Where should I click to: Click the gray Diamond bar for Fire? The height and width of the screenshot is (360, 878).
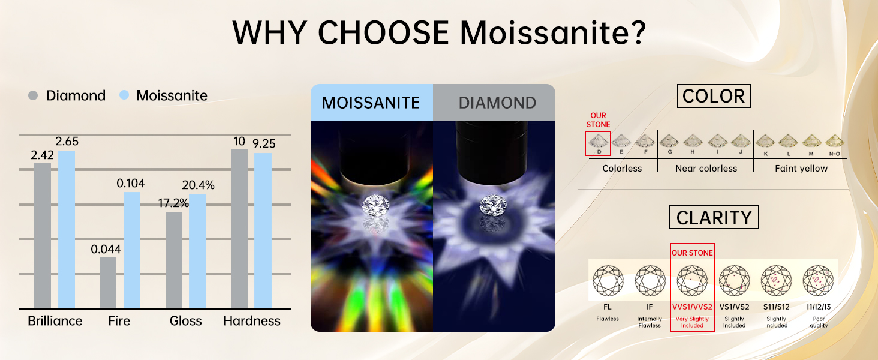108,283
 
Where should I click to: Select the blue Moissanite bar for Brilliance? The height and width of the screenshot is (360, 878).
67,229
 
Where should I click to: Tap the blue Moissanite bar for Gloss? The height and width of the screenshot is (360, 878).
197,251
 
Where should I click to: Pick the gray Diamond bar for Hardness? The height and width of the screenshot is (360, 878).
239,229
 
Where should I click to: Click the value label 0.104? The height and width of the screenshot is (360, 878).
131,183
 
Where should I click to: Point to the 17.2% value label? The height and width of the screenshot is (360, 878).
173,203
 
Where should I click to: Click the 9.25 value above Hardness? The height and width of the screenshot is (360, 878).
264,143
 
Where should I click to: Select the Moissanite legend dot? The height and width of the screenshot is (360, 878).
124,95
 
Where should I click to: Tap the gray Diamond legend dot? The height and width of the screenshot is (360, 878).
33,95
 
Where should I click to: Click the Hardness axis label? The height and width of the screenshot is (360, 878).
252,321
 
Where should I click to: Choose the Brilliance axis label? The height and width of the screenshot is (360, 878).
55,321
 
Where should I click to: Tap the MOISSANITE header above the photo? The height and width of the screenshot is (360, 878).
371,103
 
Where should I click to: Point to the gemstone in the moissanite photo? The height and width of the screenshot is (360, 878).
375,205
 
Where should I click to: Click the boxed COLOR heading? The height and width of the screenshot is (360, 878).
714,96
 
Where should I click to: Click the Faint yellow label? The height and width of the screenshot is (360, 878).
801,168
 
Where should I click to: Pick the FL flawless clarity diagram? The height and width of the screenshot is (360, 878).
608,280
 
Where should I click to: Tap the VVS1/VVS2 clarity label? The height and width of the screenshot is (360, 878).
692,307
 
